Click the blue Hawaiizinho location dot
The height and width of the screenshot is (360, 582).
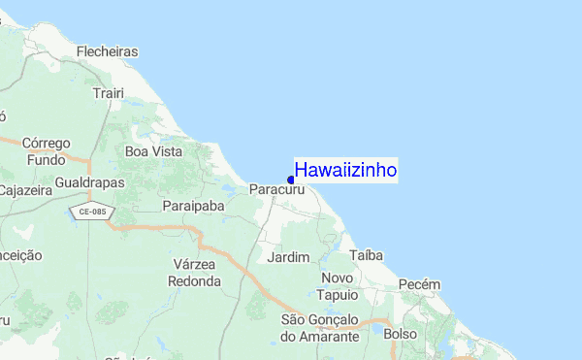click(291, 180)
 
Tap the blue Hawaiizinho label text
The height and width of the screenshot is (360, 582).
click(345, 170)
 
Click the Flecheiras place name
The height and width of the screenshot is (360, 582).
click(107, 51)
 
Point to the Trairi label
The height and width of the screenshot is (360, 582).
click(104, 93)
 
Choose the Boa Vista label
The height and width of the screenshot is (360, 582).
click(154, 151)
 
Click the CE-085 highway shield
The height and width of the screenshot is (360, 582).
click(92, 212)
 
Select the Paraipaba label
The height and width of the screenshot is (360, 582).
click(194, 206)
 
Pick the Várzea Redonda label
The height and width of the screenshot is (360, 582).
click(194, 273)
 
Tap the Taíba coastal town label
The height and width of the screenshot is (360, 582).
click(367, 255)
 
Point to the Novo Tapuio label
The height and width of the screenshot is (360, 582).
click(339, 286)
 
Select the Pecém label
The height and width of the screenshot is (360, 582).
click(419, 284)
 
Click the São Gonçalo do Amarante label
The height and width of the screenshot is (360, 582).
click(320, 327)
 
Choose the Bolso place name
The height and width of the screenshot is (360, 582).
click(400, 334)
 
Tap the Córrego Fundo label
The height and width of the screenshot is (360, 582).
click(47, 151)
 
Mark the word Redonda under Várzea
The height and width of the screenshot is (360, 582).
click(194, 281)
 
